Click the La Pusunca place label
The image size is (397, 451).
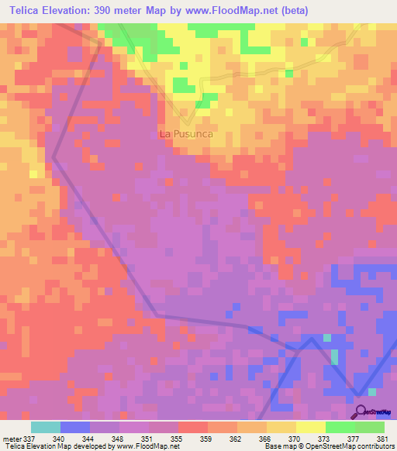pyautogui.click(x=185, y=133)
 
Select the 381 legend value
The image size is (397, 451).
pyautogui.click(x=382, y=438)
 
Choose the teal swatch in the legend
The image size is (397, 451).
pyautogui.click(x=46, y=427)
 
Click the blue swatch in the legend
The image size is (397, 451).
pyautogui.click(x=75, y=427)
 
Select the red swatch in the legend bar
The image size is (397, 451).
pyautogui.click(x=192, y=427)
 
